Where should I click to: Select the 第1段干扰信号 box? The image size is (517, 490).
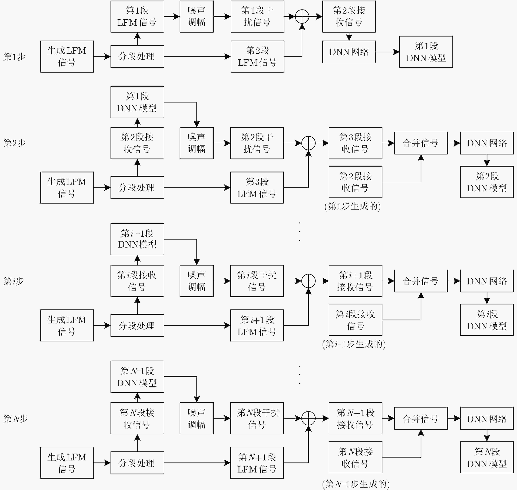coord(257,16)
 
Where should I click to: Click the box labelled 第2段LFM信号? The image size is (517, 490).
coord(257,56)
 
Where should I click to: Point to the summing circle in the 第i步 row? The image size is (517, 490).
coord(308,281)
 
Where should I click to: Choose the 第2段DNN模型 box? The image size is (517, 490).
coord(487,182)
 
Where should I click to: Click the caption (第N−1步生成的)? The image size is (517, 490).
coord(356,484)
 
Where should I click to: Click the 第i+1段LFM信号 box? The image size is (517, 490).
coord(257,325)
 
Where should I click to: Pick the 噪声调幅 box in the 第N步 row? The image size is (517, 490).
coord(197,418)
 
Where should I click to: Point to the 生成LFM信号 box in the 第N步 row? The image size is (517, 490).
coord(67,463)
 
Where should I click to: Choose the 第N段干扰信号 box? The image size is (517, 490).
coord(257,418)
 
